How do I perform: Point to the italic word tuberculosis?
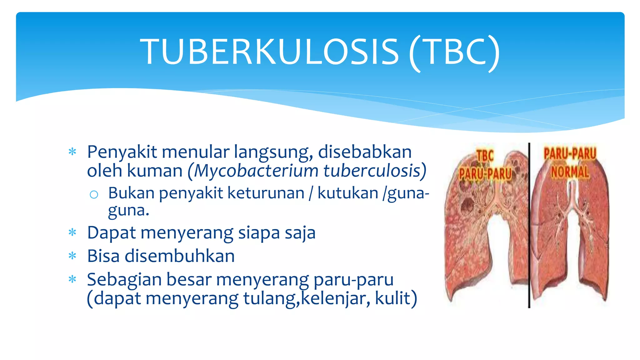[x=372, y=171]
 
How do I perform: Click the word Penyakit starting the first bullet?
[x=122, y=152]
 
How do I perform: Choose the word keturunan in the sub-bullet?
[x=266, y=193]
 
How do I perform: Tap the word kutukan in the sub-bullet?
[x=348, y=193]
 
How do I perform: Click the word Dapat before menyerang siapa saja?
[x=112, y=233]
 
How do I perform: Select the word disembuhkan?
[x=180, y=256]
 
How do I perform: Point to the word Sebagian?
[x=124, y=279]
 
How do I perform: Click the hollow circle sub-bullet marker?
[x=94, y=195]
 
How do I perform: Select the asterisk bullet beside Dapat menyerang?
[x=72, y=232]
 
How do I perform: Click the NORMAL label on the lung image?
[x=570, y=172]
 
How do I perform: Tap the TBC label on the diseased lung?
[x=485, y=156]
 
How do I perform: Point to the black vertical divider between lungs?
[x=529, y=225]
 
